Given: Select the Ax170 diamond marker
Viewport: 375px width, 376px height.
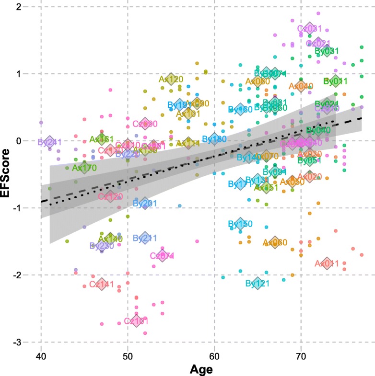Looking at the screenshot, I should coord(84,168).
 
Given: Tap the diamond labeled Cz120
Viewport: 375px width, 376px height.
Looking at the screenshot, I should coord(110,196).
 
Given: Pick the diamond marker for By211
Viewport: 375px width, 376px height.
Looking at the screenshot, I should coord(145,238).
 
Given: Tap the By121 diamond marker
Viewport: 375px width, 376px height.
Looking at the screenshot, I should coord(258,283).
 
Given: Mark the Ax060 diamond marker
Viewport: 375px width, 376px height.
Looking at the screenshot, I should coord(275,242).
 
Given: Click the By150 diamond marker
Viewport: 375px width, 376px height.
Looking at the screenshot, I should coord(241,224).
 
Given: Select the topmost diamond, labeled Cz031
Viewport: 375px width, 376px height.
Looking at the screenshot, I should coord(309,28).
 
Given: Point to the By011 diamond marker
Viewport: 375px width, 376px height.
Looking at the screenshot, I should coord(336,81).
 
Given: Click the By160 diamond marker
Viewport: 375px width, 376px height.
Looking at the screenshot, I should coord(241,109).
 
